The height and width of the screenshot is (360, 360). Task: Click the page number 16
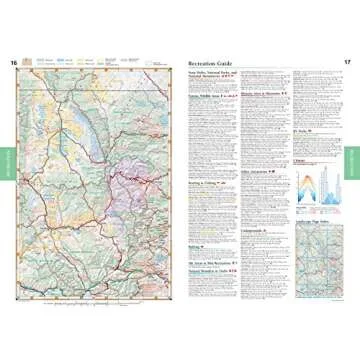tap(14, 63)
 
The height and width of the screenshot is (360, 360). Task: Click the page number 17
tap(347, 63)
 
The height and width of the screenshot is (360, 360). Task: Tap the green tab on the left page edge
tap(5, 161)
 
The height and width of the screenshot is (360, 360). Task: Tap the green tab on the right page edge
tap(354, 161)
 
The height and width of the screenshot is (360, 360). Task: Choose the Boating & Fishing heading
tap(203, 199)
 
